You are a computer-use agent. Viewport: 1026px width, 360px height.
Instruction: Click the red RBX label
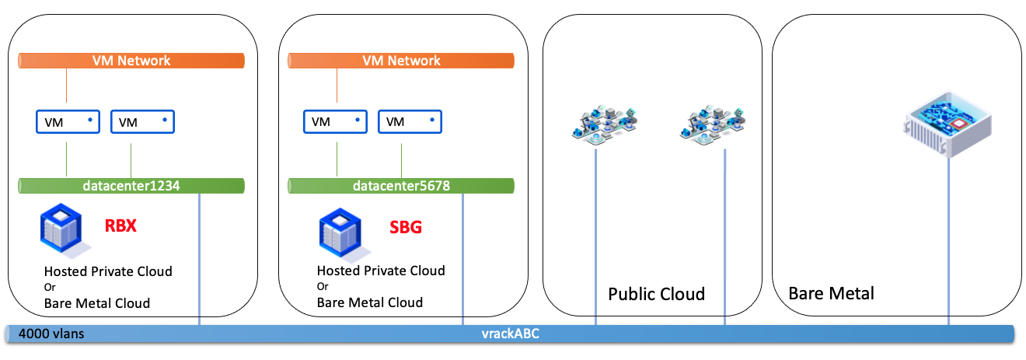coord(121,227)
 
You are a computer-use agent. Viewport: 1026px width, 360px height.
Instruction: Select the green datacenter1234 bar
coord(131,186)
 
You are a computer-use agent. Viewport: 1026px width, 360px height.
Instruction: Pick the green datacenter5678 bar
coord(401,186)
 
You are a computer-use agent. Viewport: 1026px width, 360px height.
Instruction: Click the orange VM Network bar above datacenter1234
coord(131,60)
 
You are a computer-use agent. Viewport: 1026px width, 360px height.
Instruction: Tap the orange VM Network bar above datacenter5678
coord(401,60)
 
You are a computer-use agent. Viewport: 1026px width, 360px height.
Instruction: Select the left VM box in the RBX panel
coord(68,121)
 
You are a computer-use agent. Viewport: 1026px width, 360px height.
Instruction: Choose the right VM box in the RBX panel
coord(142,121)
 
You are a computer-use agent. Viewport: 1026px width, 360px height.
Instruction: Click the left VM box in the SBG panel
coord(335,121)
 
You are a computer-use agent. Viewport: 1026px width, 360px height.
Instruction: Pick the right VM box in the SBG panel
coord(410,121)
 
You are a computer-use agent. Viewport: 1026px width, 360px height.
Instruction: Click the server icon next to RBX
coord(63,231)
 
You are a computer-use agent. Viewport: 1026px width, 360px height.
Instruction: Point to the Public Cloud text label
coord(656,294)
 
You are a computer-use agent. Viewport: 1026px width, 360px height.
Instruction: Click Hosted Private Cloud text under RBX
coord(108,271)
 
